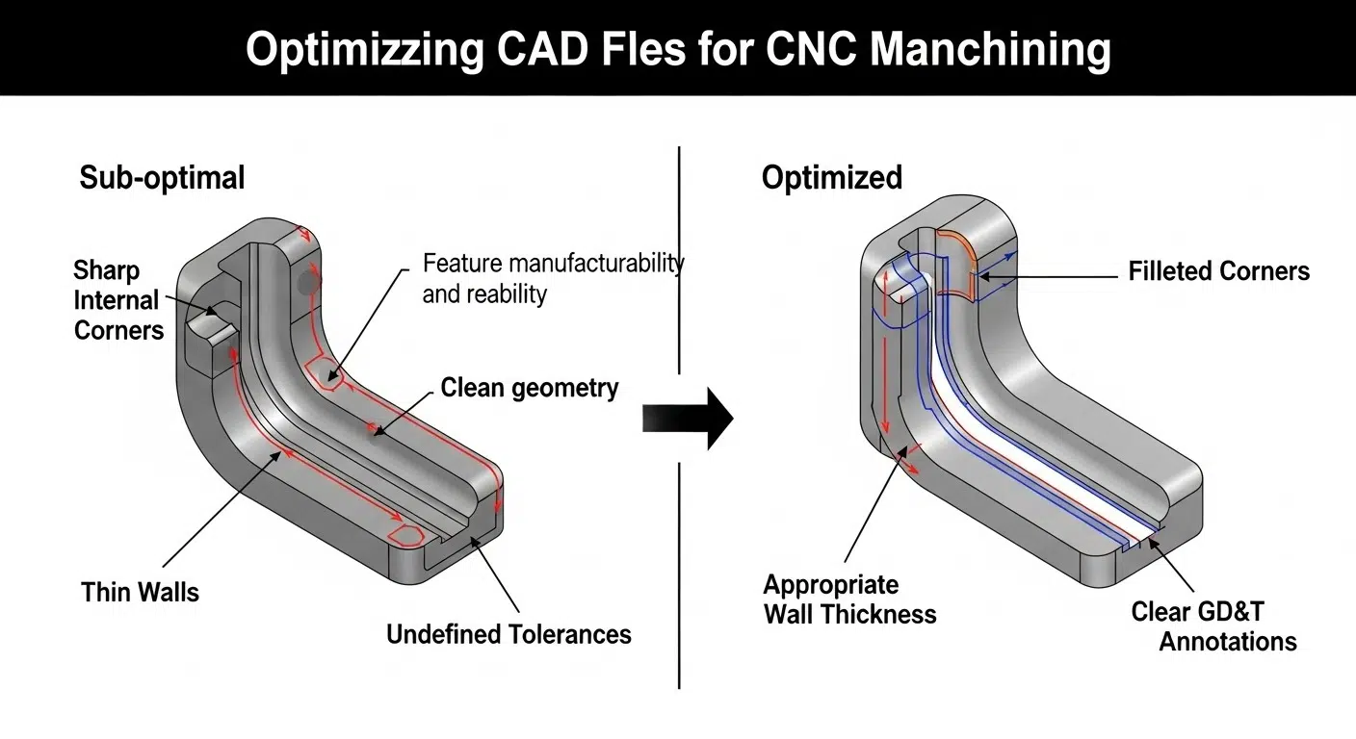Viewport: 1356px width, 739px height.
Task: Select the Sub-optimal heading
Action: pyautogui.click(x=162, y=178)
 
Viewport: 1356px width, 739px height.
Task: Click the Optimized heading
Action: pyautogui.click(x=831, y=178)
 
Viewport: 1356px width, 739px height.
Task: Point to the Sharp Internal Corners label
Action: pyautogui.click(x=117, y=300)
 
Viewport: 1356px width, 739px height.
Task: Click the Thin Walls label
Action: pyautogui.click(x=140, y=592)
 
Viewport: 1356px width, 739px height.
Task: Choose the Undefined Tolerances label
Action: pyautogui.click(x=508, y=634)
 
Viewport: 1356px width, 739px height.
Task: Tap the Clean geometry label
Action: pyautogui.click(x=529, y=388)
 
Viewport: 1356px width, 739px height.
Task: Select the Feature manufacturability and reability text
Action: pyautogui.click(x=553, y=278)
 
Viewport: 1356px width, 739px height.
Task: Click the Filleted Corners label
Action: pyautogui.click(x=1218, y=271)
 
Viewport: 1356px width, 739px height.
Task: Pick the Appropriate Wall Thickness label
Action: pyautogui.click(x=849, y=599)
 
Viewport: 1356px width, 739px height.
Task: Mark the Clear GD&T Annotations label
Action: pyautogui.click(x=1213, y=626)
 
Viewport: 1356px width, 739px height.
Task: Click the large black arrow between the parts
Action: pyautogui.click(x=688, y=419)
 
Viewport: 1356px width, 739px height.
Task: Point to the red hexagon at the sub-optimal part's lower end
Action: pyautogui.click(x=407, y=536)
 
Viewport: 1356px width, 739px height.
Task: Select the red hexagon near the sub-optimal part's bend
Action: pyautogui.click(x=321, y=373)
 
